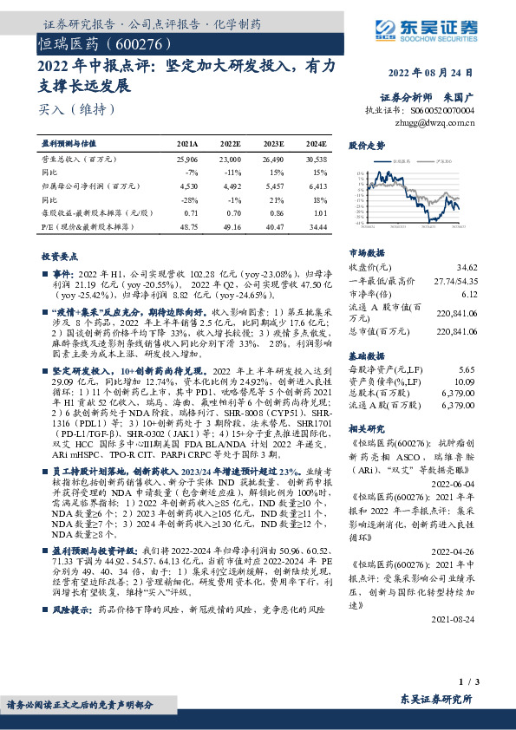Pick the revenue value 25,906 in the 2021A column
186,160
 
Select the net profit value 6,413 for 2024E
317,186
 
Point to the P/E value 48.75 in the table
186,225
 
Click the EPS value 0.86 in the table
276,212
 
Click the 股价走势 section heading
367,146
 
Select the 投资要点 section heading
58,257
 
